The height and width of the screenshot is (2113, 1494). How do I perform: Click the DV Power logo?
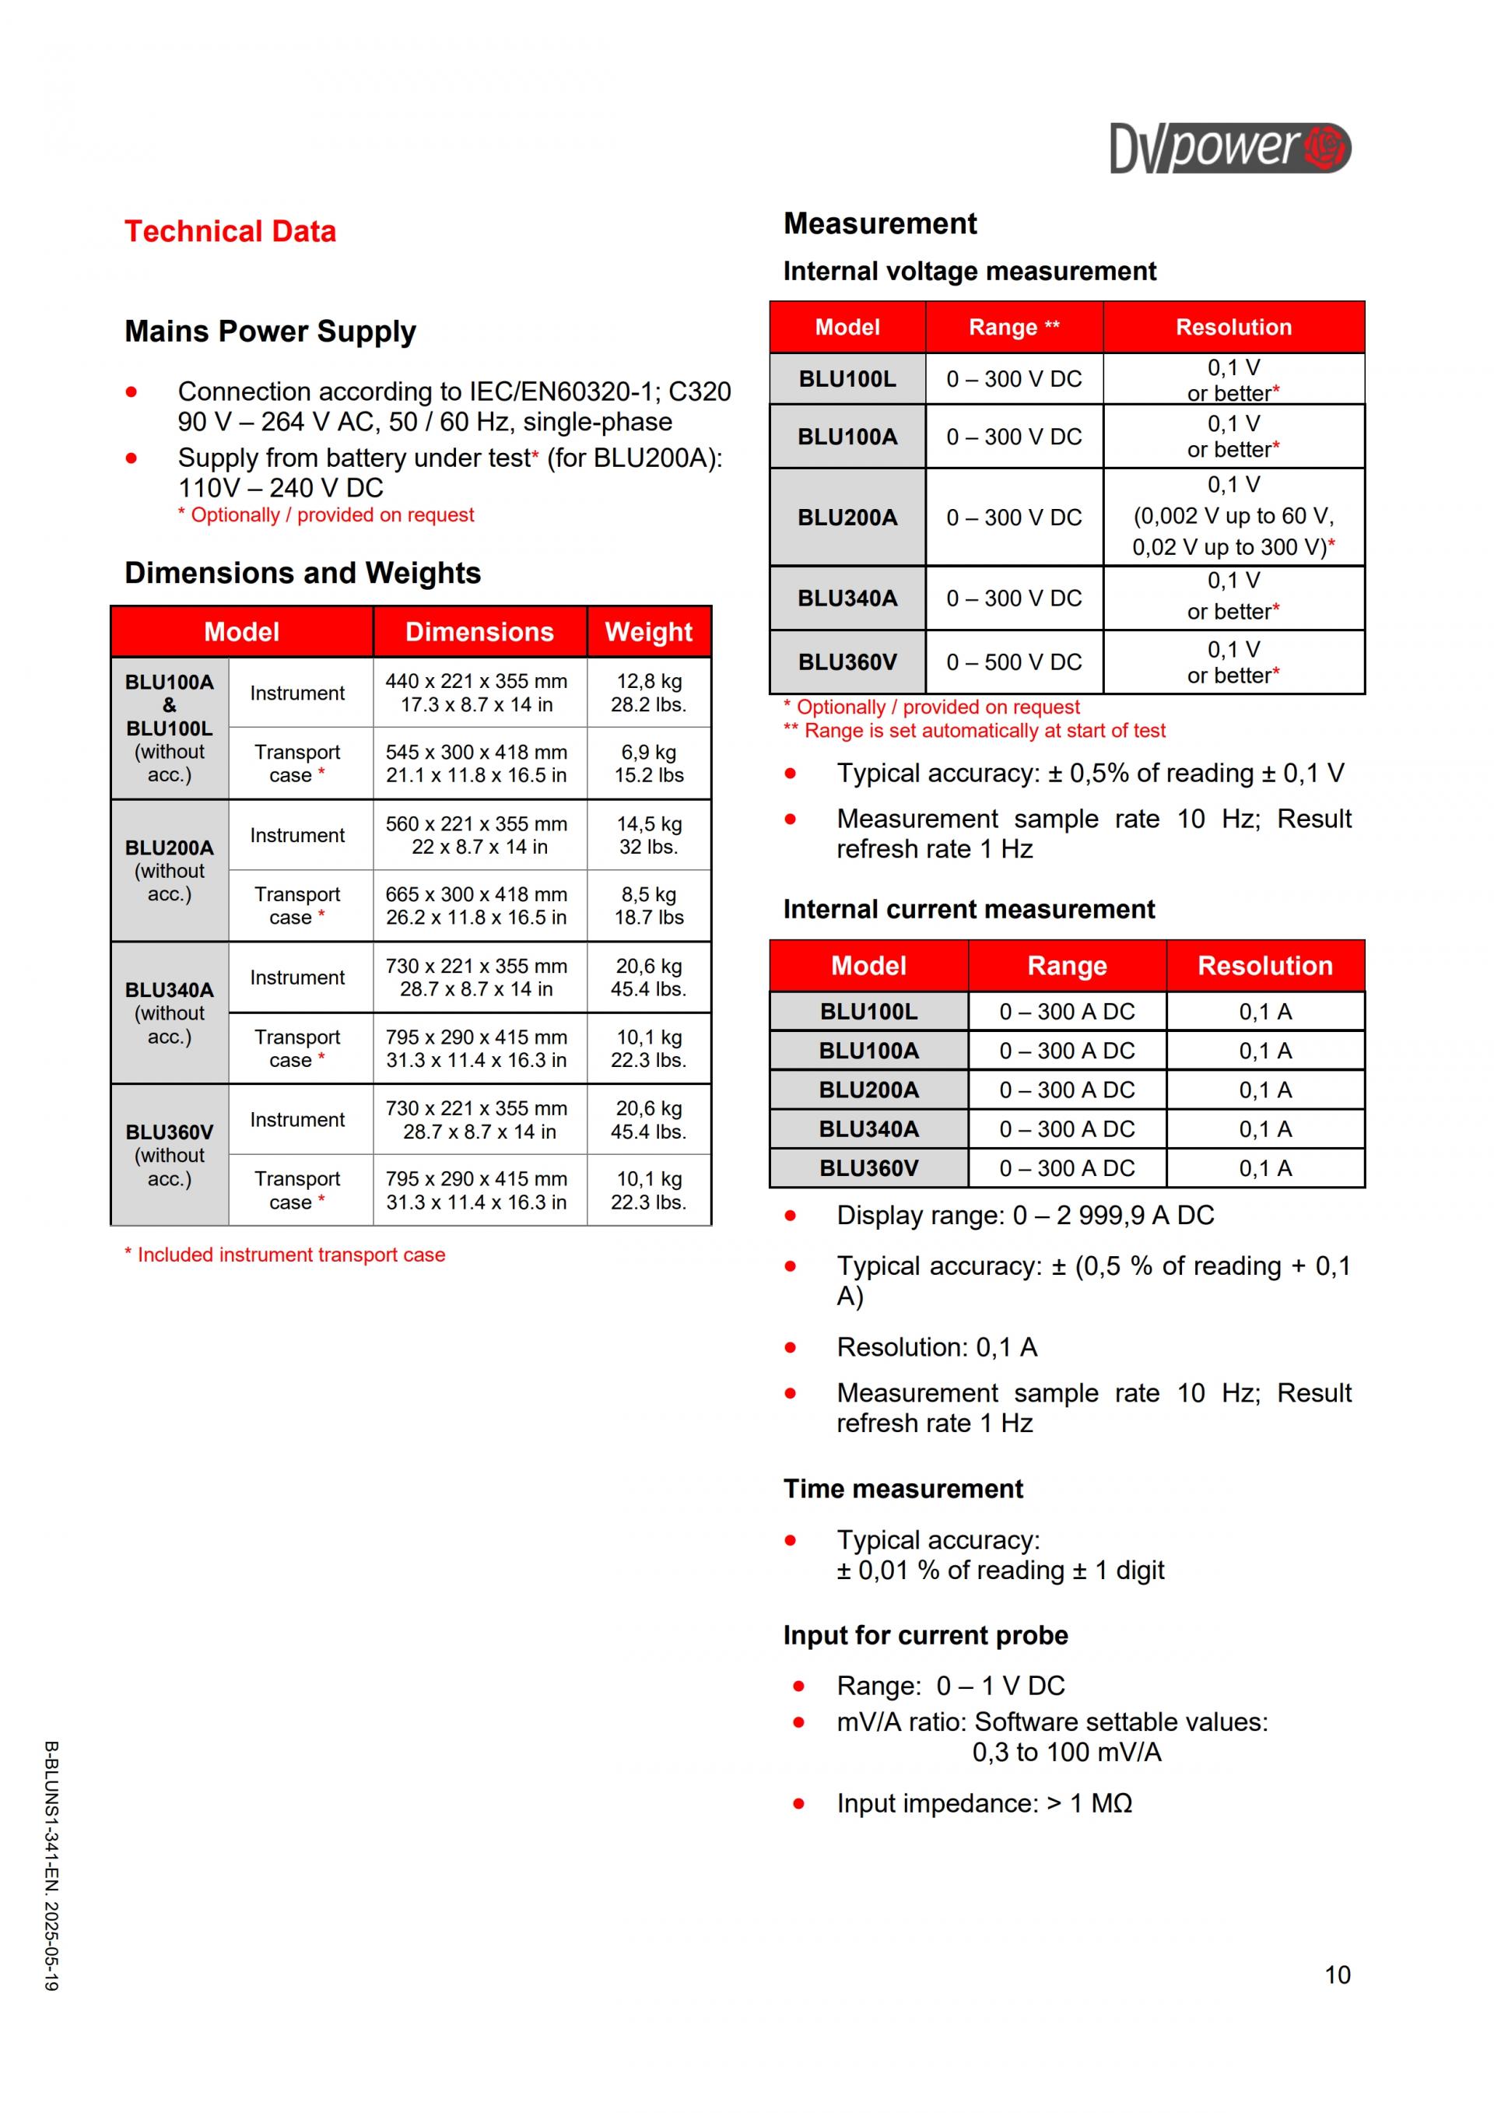pyautogui.click(x=1229, y=147)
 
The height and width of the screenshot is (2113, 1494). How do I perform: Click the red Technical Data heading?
pyautogui.click(x=230, y=231)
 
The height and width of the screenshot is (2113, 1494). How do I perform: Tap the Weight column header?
pyautogui.click(x=648, y=632)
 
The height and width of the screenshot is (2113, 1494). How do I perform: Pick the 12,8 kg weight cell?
pyautogui.click(x=648, y=693)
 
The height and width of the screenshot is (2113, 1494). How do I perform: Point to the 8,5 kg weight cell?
pyautogui.click(x=648, y=906)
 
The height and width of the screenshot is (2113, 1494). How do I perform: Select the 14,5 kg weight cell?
pyautogui.click(x=648, y=836)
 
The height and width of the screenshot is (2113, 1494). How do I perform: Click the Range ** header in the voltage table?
pyautogui.click(x=1014, y=328)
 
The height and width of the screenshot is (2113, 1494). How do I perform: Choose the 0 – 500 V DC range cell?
pyautogui.click(x=1014, y=662)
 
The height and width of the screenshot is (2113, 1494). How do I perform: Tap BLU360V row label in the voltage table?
pyautogui.click(x=847, y=662)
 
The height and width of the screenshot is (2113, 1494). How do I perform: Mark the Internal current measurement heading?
pyautogui.click(x=968, y=909)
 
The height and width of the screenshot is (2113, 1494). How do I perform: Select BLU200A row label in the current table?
pyautogui.click(x=868, y=1090)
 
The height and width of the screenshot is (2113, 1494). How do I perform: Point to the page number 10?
pyautogui.click(x=1337, y=1975)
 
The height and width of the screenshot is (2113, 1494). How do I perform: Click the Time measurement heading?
pyautogui.click(x=903, y=1489)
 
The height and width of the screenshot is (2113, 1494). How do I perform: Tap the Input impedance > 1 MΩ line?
pyautogui.click(x=984, y=1803)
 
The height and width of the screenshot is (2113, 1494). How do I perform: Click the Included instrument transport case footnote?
pyautogui.click(x=286, y=1255)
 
